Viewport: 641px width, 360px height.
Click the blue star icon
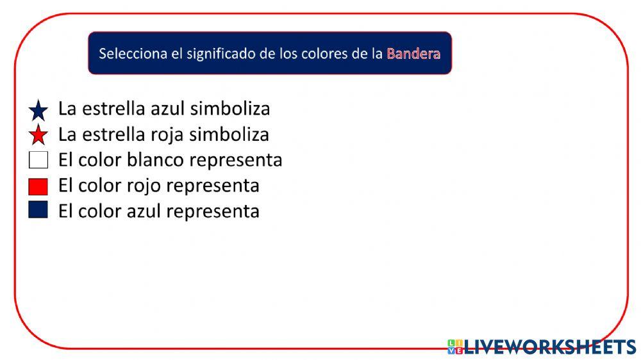38,111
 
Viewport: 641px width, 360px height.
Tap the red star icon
38,135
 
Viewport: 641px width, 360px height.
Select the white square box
38,160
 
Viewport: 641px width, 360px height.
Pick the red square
38,186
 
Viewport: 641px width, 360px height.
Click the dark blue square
38,210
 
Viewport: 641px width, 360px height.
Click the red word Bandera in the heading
413,54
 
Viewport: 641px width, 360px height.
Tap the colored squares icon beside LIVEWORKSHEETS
456,347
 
